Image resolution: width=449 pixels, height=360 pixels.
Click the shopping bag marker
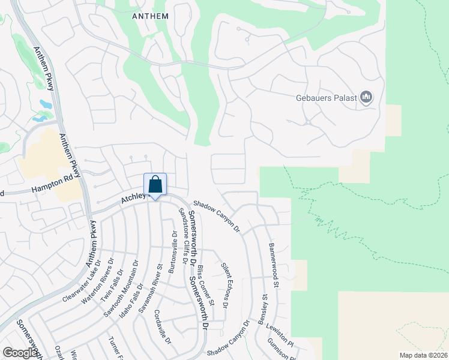(x=155, y=185)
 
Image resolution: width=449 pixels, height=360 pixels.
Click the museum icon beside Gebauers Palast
(x=366, y=97)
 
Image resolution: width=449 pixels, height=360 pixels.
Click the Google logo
(x=21, y=352)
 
